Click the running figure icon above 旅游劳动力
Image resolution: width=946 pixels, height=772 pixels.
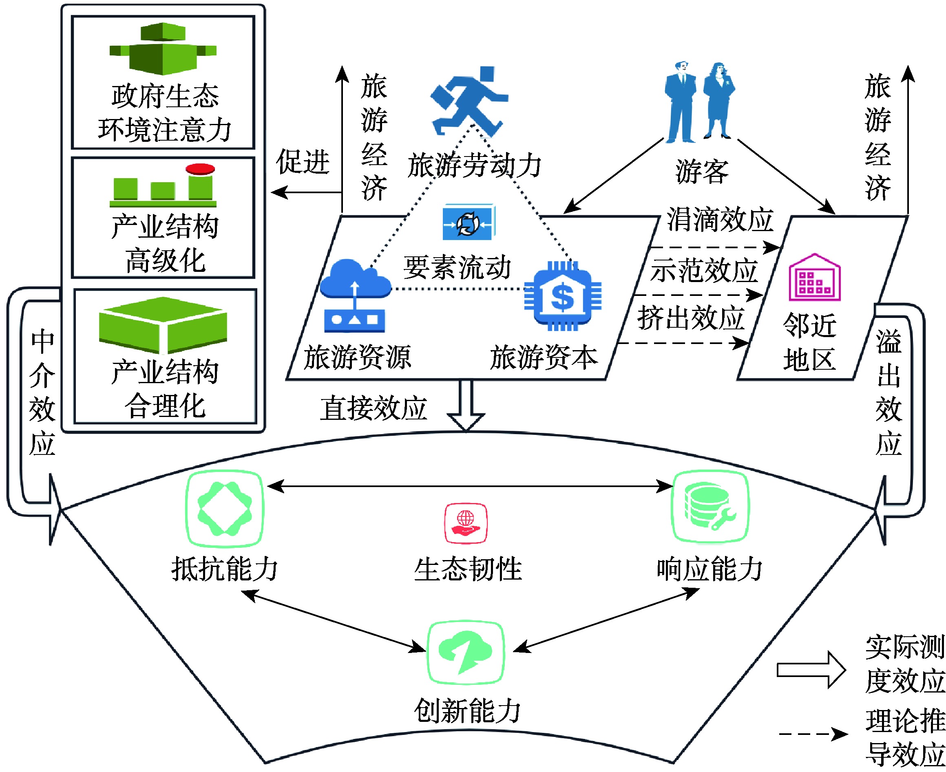(469, 101)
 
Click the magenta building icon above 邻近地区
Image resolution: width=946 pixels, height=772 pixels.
(814, 278)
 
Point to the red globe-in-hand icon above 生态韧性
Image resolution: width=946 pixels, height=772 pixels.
(466, 523)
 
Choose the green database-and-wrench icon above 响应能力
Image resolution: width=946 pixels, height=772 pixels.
(710, 507)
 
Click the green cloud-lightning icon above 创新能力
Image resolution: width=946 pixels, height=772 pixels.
(465, 653)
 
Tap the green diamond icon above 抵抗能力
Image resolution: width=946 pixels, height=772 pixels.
(225, 509)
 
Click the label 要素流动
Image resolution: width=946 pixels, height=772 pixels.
(457, 268)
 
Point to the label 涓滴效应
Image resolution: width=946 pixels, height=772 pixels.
(720, 220)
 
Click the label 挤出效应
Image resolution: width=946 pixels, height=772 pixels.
(691, 318)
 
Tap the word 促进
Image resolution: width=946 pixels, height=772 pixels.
(303, 162)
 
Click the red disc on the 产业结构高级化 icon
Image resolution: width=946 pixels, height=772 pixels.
(200, 169)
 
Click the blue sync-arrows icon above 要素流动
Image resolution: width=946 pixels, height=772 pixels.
(469, 223)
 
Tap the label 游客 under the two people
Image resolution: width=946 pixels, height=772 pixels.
(702, 172)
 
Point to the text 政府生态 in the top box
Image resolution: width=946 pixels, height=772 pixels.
(165, 96)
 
